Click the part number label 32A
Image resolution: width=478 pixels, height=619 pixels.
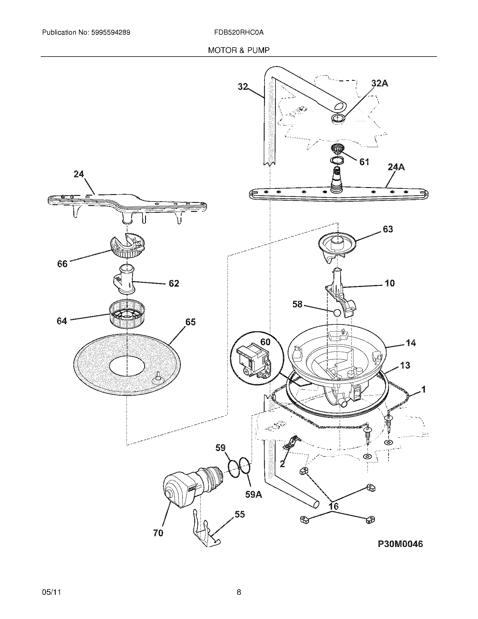coord(380,83)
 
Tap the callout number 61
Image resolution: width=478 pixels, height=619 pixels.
coord(364,162)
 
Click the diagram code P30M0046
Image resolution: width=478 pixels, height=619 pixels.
coord(400,544)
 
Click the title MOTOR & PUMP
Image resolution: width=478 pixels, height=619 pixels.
coord(239,50)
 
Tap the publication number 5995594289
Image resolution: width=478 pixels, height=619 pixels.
coord(111,33)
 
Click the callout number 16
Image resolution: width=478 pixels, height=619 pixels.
coord(334,506)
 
